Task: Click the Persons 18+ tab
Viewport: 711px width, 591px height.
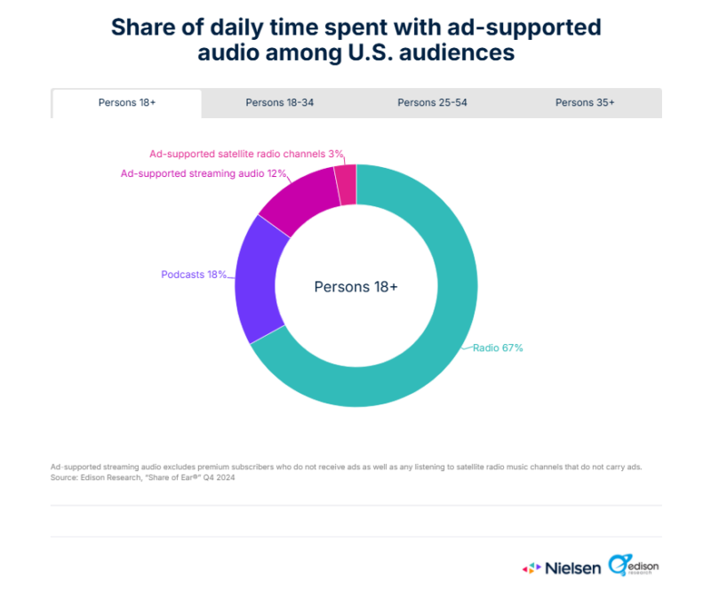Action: coord(127,103)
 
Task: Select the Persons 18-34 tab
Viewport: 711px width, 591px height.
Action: coord(280,103)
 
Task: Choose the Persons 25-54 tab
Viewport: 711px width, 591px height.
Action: coord(432,103)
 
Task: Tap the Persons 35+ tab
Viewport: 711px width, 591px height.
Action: coord(585,103)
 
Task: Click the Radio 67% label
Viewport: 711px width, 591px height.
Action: coord(498,348)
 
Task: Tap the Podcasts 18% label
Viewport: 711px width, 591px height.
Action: coord(194,275)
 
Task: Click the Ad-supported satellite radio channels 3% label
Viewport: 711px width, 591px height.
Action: coord(246,154)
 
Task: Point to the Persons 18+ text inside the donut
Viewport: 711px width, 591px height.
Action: coord(355,287)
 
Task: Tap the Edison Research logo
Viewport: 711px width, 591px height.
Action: coord(635,565)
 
